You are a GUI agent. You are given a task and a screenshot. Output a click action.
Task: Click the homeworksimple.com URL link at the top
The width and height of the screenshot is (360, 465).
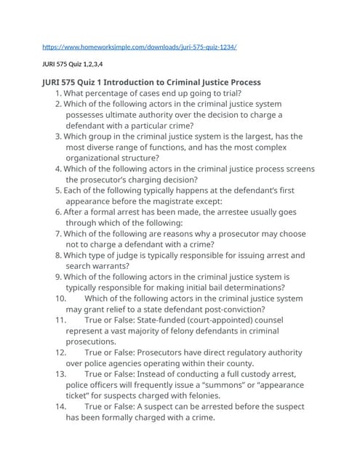click(x=140, y=47)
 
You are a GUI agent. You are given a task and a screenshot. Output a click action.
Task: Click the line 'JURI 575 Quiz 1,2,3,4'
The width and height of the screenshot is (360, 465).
click(x=71, y=64)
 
